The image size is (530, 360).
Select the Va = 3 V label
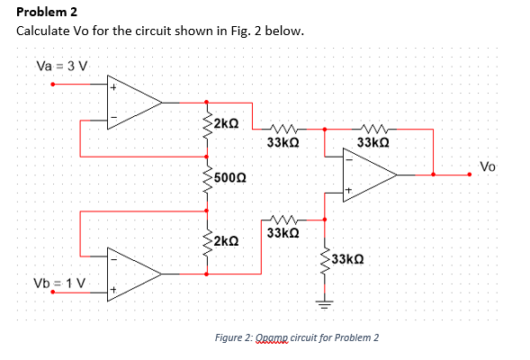click(x=61, y=65)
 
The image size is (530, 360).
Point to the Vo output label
click(x=487, y=166)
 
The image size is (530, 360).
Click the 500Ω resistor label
click(x=231, y=178)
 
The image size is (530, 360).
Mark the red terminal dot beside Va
click(x=53, y=86)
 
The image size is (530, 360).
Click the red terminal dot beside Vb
click(x=53, y=292)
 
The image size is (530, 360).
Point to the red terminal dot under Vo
click(x=469, y=175)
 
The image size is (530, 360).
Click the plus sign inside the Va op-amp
click(x=113, y=88)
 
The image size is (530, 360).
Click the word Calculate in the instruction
click(x=45, y=31)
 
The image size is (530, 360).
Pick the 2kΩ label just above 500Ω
click(x=226, y=122)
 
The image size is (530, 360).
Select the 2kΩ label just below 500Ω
click(x=227, y=241)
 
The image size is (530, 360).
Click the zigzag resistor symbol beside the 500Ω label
click(x=208, y=180)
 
